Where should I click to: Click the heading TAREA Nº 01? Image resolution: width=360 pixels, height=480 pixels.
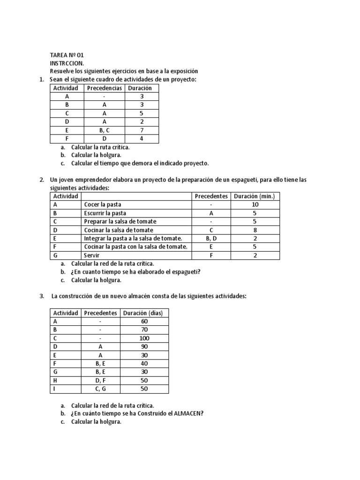[67, 55]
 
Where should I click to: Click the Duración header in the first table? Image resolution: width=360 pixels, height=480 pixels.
[142, 88]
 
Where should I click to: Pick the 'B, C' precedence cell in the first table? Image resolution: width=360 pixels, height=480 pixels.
[105, 130]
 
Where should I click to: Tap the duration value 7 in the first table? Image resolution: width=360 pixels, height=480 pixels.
[142, 130]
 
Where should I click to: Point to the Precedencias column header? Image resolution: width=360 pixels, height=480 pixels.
[105, 88]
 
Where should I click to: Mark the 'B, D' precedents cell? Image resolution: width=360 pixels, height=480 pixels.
[211, 239]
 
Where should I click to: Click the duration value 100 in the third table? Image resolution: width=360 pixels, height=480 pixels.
[144, 338]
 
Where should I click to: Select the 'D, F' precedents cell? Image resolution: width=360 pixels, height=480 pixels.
[101, 380]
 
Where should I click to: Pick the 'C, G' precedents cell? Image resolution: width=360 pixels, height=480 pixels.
[101, 389]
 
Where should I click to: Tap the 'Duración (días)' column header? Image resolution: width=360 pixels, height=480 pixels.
[144, 313]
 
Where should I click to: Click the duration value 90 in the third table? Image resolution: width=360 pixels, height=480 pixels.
[144, 346]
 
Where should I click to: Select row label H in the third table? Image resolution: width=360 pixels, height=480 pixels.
[55, 380]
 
